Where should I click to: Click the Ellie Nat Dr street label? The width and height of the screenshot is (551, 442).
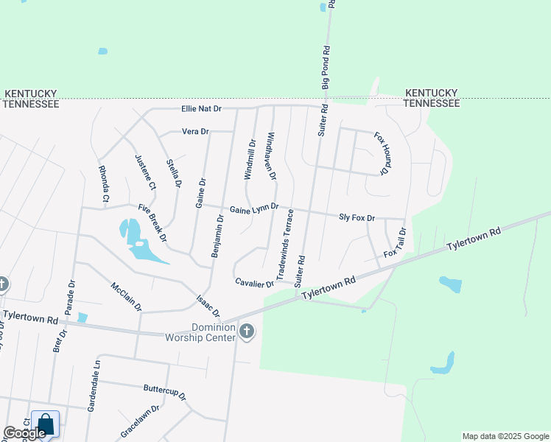click(x=201, y=109)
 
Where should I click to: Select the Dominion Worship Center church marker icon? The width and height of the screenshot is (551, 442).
click(x=247, y=332)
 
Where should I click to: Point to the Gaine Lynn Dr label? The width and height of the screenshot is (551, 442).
click(x=254, y=209)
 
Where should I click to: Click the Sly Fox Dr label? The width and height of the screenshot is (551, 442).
click(x=357, y=218)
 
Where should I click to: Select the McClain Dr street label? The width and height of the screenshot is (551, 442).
click(x=125, y=295)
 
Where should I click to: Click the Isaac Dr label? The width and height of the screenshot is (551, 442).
click(x=208, y=307)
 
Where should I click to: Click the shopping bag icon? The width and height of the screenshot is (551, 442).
click(x=45, y=424)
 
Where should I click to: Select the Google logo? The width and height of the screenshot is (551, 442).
click(x=24, y=433)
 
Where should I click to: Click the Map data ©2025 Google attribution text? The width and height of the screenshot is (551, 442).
click(x=505, y=436)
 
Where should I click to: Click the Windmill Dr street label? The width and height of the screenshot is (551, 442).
click(x=249, y=160)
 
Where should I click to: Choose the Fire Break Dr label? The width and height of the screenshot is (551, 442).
click(x=152, y=222)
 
